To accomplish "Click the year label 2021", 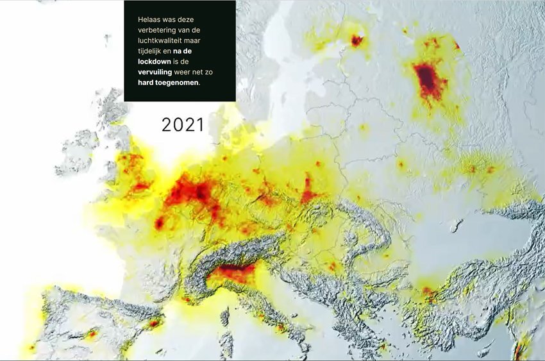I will pos(183,124).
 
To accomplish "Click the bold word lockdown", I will pos(154,61).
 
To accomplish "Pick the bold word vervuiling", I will pos(156,72).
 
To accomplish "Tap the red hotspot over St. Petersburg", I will pos(356,40).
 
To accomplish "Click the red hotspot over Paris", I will pos(159,222).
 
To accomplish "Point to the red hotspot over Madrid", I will pos(92,334).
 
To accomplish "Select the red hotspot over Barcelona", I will pos(154,323).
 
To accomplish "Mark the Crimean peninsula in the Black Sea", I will pos(457,225).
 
